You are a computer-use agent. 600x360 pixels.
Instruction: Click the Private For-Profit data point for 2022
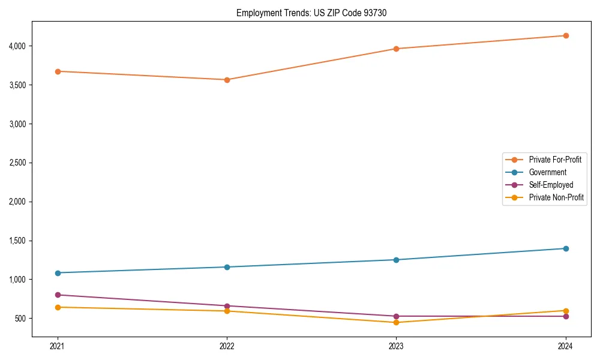point(227,80)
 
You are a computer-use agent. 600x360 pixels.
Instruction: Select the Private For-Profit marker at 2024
point(565,35)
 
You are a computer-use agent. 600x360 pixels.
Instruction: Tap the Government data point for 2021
point(58,273)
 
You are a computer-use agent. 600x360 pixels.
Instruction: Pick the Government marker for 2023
point(396,260)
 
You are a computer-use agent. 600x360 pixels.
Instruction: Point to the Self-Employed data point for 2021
point(58,295)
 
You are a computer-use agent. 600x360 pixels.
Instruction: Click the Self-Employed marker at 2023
point(396,316)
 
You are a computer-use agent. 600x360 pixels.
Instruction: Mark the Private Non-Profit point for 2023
point(396,323)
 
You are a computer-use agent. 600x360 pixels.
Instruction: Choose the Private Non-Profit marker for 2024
point(565,311)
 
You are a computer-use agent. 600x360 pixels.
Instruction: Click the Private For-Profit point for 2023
point(396,49)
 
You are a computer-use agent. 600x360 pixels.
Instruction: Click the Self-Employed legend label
point(551,185)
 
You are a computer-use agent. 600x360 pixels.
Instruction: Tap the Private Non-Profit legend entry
point(556,197)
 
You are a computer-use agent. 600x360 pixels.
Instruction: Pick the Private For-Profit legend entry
point(555,160)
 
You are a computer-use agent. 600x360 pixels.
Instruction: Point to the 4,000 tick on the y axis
point(17,46)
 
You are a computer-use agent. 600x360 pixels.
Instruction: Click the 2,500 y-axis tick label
point(17,163)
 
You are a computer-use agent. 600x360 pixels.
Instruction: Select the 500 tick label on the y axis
point(21,319)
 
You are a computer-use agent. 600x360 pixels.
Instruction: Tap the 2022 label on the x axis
point(227,346)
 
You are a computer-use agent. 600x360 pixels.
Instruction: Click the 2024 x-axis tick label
point(565,346)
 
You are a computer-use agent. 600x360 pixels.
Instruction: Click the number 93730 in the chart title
point(367,13)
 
